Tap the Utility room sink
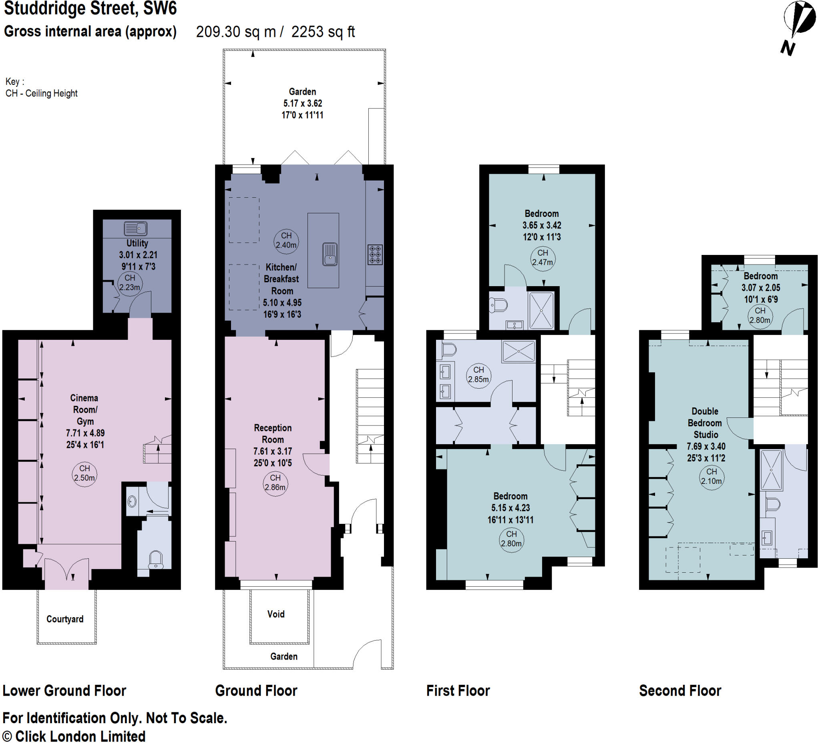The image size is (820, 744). click(135, 229)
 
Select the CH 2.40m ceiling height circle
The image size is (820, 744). click(286, 241)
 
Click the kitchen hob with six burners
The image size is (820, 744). click(375, 255)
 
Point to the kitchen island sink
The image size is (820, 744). click(330, 254)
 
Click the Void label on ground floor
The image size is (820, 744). click(276, 614)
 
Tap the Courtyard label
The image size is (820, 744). click(65, 619)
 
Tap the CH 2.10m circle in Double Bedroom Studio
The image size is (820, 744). click(711, 477)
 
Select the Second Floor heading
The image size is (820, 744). click(680, 691)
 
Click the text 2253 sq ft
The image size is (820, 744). click(323, 32)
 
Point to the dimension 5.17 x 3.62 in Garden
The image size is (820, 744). click(303, 103)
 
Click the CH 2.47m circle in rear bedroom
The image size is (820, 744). click(543, 258)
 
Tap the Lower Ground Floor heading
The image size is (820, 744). click(64, 691)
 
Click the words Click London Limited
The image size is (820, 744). click(80, 736)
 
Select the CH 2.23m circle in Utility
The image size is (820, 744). click(130, 283)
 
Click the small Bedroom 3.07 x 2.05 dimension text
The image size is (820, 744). click(761, 288)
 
